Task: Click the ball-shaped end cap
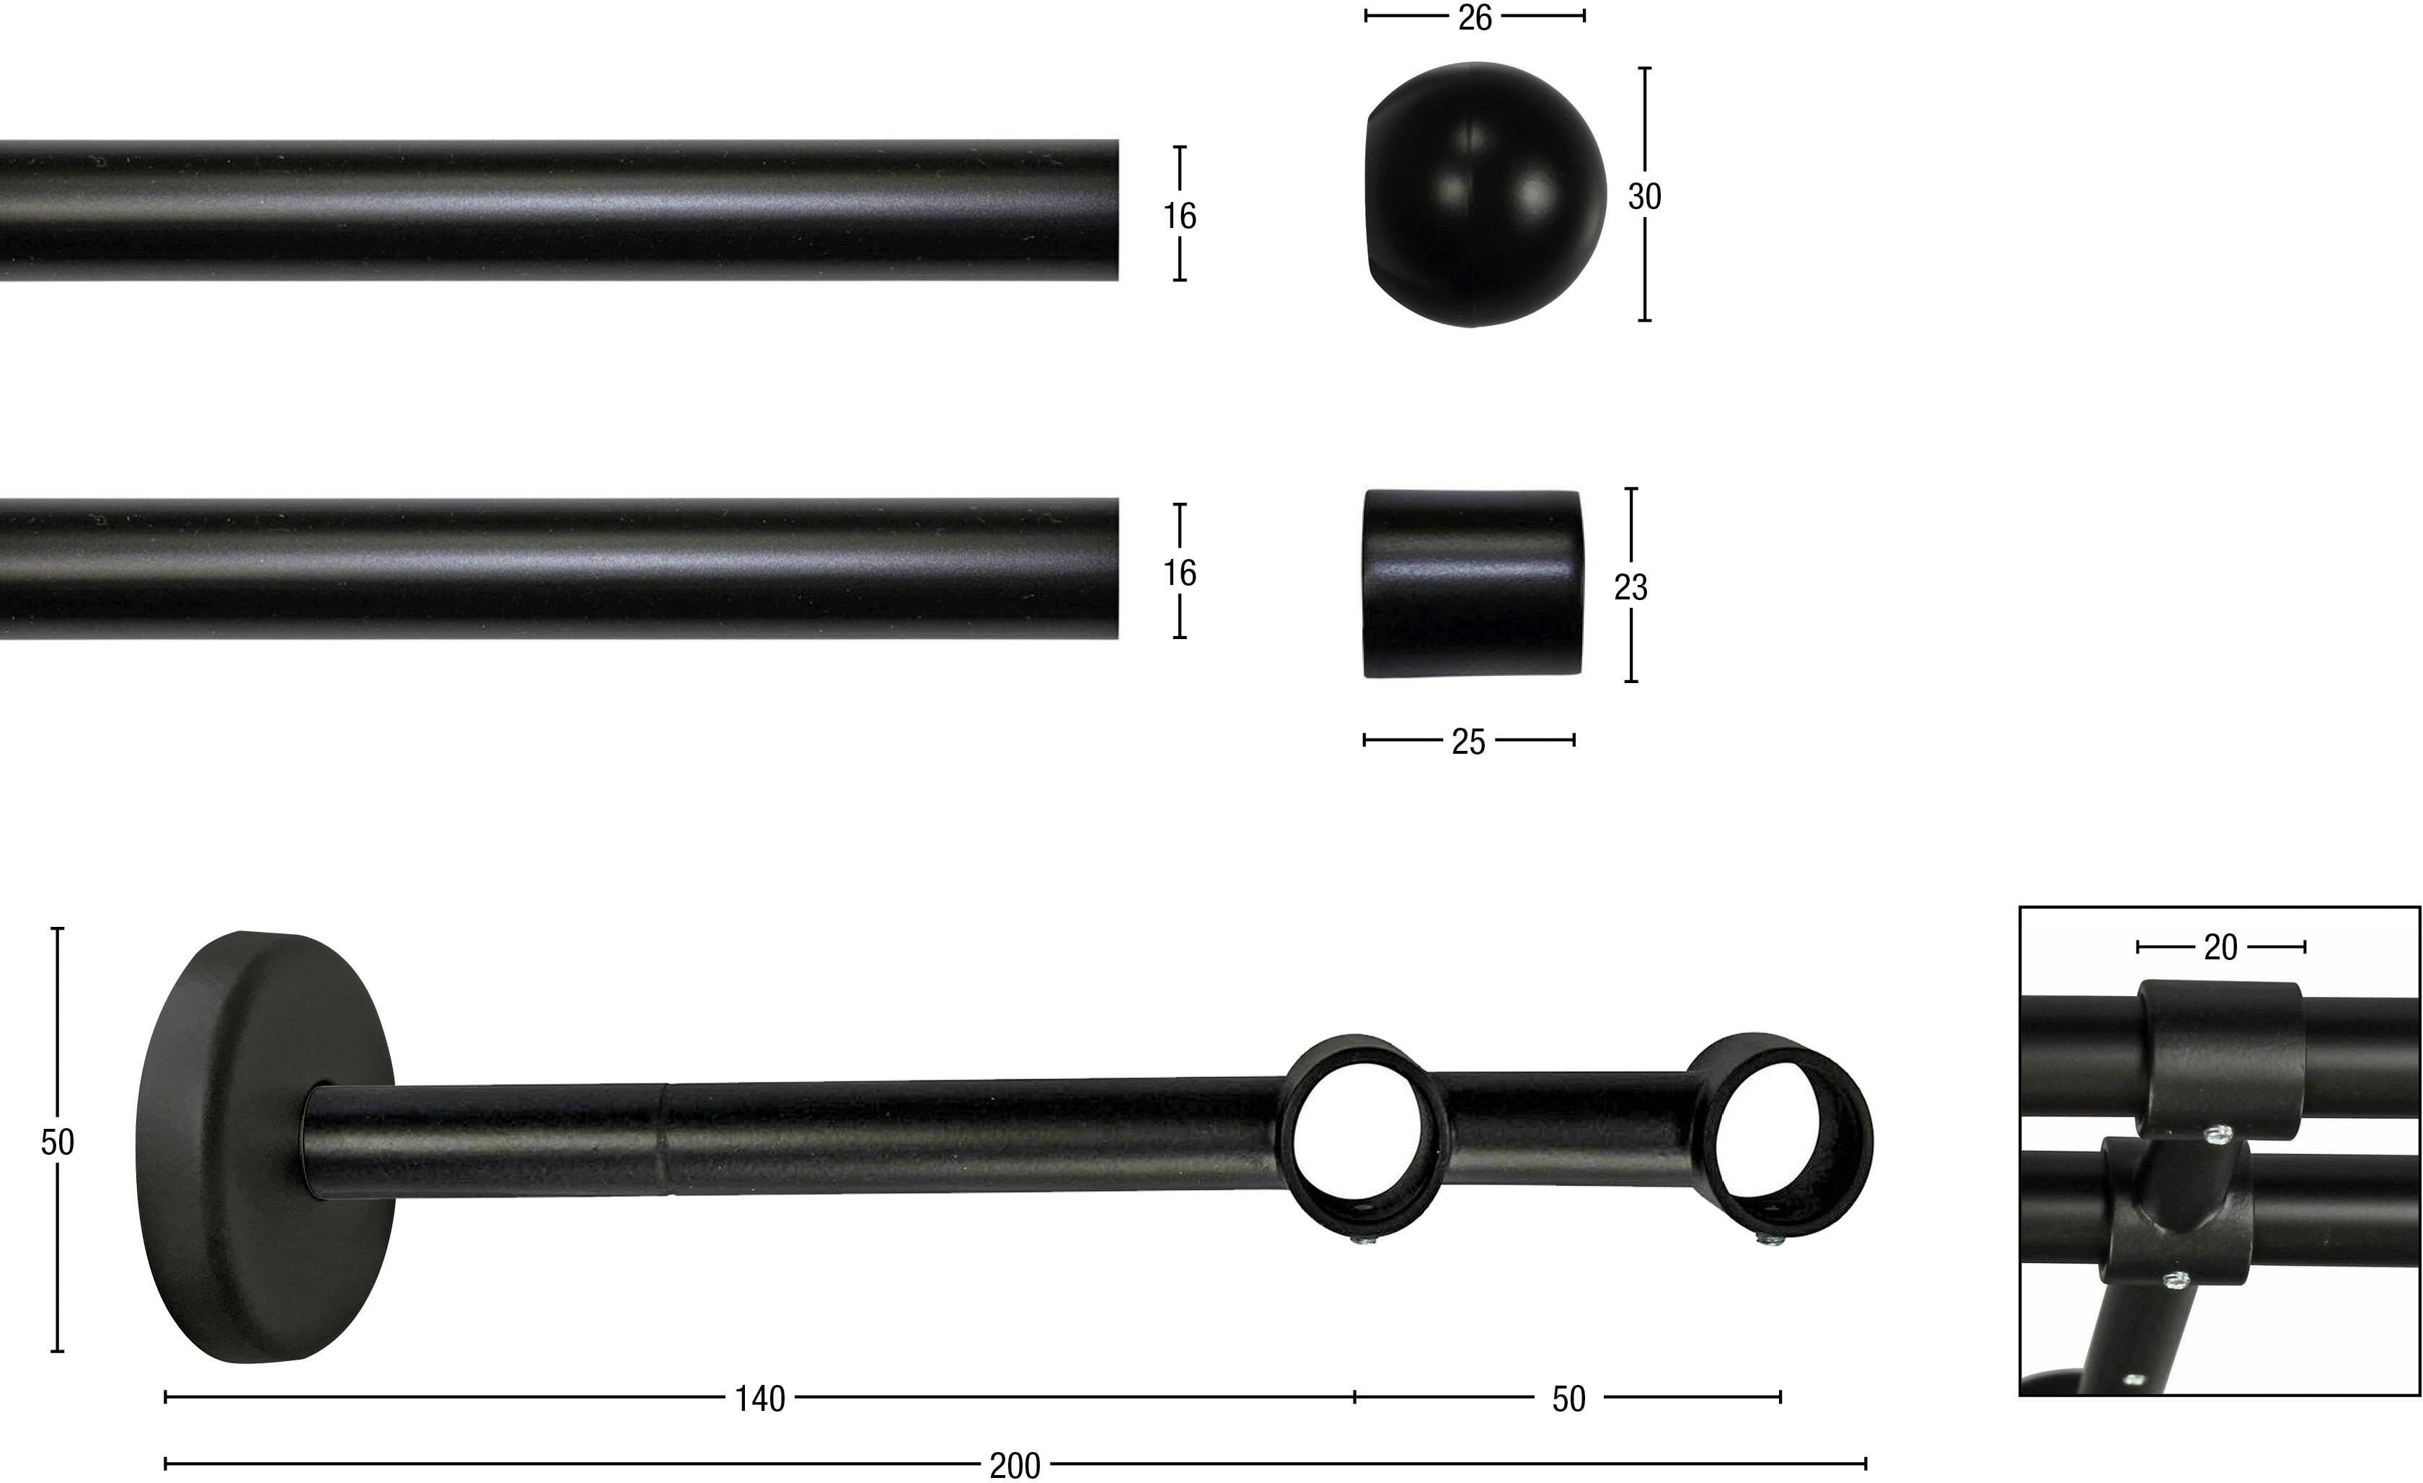[x=1485, y=195]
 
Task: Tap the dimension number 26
[x=1475, y=18]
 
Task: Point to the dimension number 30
[x=1644, y=197]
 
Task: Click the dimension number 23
[x=1630, y=587]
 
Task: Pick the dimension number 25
[x=1468, y=742]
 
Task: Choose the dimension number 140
[x=760, y=1399]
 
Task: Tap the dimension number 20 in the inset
[x=2220, y=947]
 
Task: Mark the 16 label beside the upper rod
[x=1180, y=216]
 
